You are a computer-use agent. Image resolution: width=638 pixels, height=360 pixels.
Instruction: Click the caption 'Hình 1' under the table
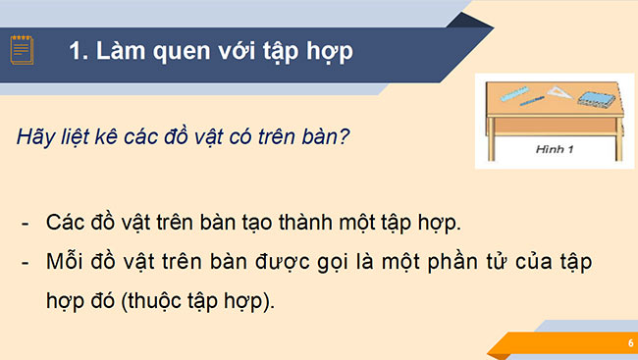pyautogui.click(x=555, y=150)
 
